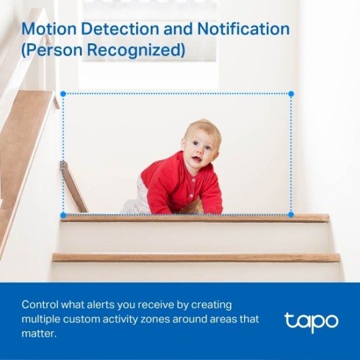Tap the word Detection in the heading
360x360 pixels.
(121, 29)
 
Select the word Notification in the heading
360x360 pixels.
(242, 29)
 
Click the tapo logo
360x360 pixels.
(311, 321)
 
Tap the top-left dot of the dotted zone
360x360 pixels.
(63, 94)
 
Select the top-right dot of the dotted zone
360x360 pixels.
(291, 94)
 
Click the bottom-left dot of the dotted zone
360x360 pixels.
(63, 215)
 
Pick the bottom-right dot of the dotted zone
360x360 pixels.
(291, 215)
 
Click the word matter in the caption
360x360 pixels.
(39, 333)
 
